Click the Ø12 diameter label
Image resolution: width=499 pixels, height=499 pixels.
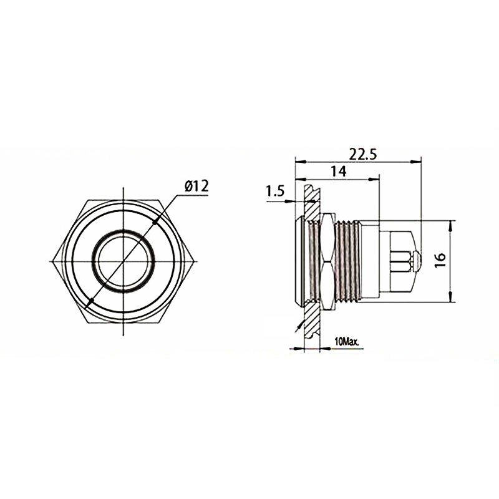(x=196, y=186)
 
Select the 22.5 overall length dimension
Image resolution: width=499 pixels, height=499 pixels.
(x=363, y=154)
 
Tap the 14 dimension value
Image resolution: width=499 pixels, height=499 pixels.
(x=339, y=172)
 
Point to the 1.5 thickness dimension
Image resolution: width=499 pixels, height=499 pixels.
(x=274, y=191)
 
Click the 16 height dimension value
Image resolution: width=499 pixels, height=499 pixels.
(x=440, y=260)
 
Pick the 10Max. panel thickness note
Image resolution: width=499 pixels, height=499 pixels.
(x=347, y=342)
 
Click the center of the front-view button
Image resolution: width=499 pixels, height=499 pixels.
(x=123, y=261)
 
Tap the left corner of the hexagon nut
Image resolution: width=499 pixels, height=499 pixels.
(x=52, y=261)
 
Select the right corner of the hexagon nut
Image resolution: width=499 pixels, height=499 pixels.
(x=194, y=261)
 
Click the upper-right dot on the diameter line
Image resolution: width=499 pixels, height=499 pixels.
(x=155, y=222)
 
